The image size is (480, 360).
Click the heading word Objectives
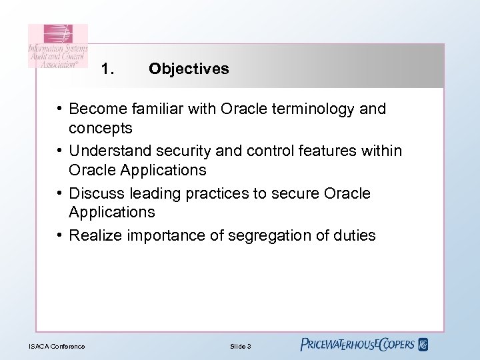[189, 69]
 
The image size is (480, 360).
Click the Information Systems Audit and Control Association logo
[58, 46]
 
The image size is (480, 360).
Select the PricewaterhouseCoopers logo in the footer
[363, 345]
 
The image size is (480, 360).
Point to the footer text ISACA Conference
[57, 346]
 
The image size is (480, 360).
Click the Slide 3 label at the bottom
[240, 346]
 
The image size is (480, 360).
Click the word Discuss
[95, 193]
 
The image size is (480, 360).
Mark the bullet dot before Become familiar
[59, 109]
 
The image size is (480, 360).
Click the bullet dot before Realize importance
[59, 235]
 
